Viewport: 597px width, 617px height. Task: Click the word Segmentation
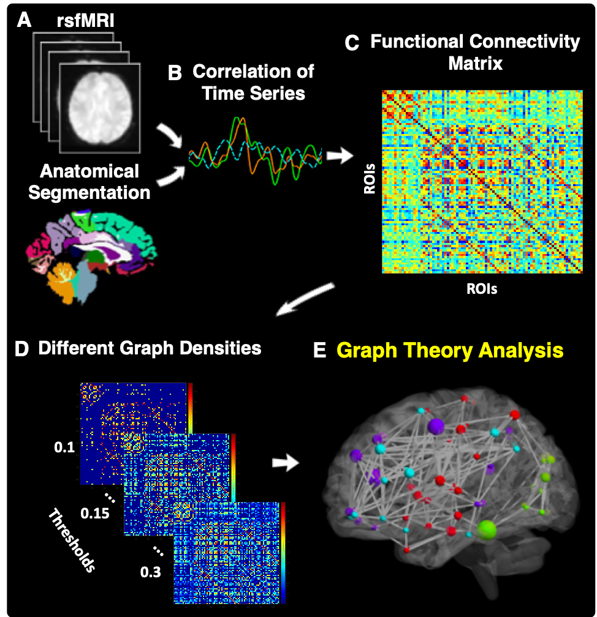(x=89, y=192)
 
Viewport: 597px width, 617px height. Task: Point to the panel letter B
(x=175, y=73)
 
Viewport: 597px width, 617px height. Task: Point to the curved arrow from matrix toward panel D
(x=306, y=299)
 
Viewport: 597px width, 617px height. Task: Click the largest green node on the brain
(x=487, y=528)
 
